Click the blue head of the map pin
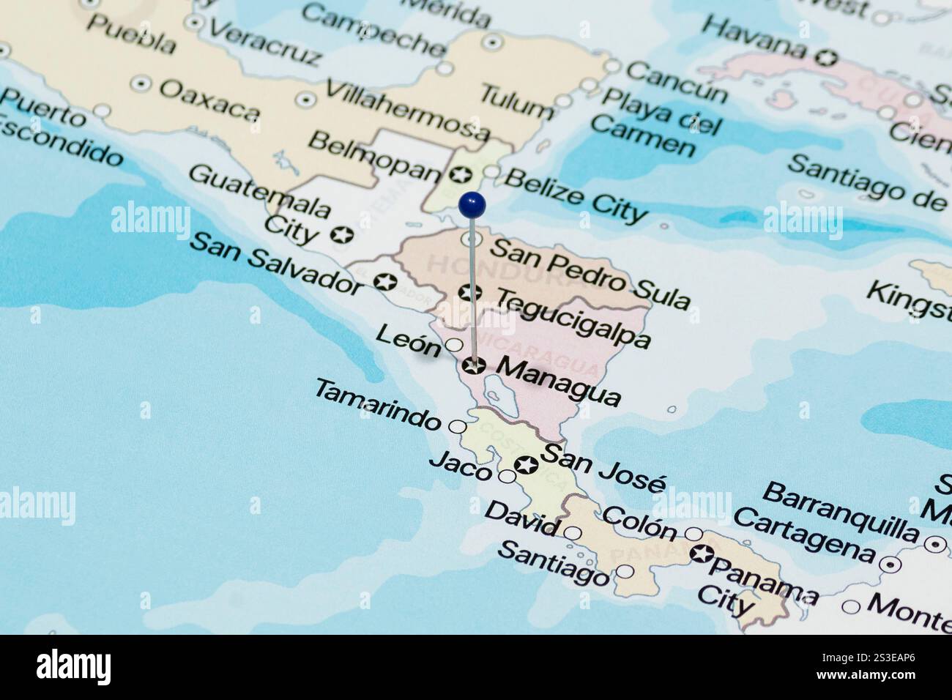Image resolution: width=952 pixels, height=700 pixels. pyautogui.click(x=473, y=204)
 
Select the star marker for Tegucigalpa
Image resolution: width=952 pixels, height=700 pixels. pyautogui.click(x=470, y=293)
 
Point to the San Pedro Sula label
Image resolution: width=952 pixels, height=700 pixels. pyautogui.click(x=590, y=272)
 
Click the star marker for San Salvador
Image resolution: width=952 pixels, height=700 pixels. pyautogui.click(x=384, y=281)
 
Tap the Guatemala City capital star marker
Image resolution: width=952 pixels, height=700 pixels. pyautogui.click(x=341, y=235)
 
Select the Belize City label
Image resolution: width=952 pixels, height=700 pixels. pyautogui.click(x=576, y=194)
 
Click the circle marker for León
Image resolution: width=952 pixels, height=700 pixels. pyautogui.click(x=454, y=345)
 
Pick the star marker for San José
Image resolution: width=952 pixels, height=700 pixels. pyautogui.click(x=526, y=464)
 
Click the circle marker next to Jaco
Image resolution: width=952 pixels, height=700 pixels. pyautogui.click(x=507, y=477)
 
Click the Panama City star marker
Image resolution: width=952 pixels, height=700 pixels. pyautogui.click(x=701, y=554)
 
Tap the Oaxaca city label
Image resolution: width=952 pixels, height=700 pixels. pyautogui.click(x=209, y=100)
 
